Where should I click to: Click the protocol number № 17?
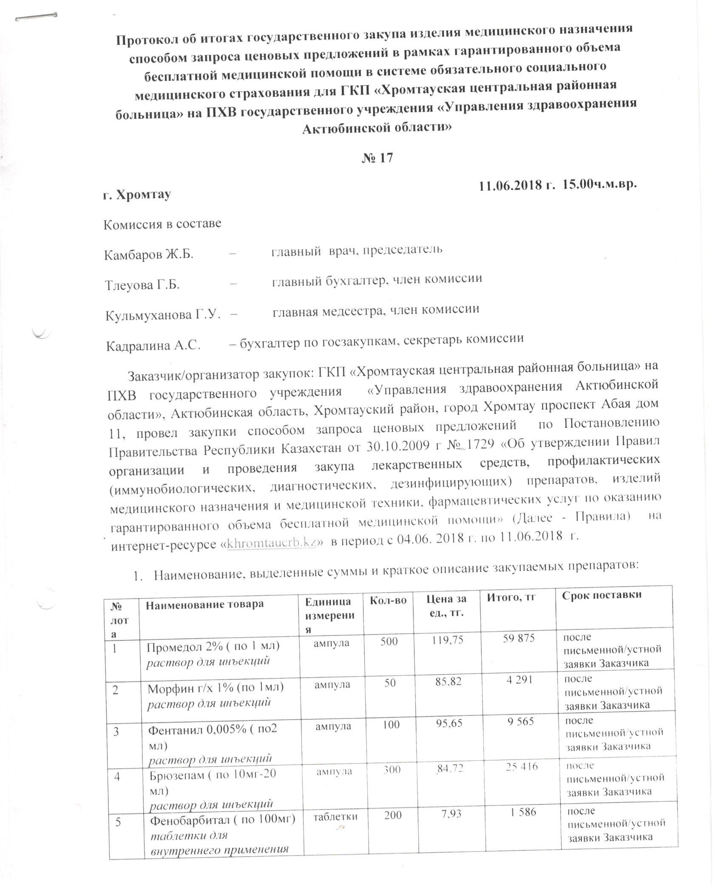coord(377,157)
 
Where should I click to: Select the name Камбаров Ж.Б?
coord(149,254)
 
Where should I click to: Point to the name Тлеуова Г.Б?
coord(142,285)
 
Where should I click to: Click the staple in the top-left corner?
coord(36,17)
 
